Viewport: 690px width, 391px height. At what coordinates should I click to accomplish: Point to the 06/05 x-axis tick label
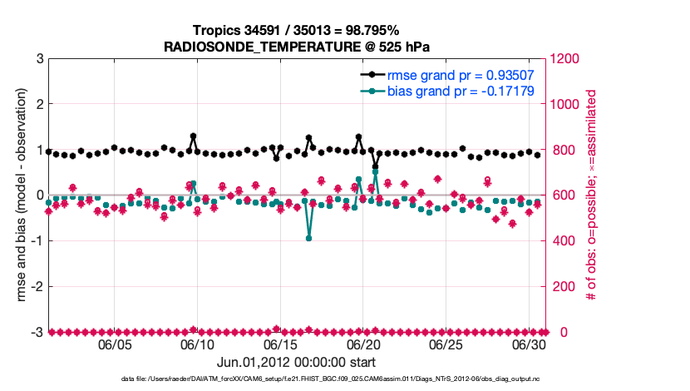pyautogui.click(x=115, y=344)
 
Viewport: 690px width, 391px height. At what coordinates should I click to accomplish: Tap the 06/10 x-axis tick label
pyautogui.click(x=197, y=344)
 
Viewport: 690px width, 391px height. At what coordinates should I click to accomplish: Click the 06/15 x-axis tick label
pyautogui.click(x=280, y=344)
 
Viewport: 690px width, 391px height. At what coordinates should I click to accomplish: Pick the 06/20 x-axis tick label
pyautogui.click(x=362, y=344)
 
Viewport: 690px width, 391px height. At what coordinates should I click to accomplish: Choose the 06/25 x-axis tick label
pyautogui.click(x=445, y=344)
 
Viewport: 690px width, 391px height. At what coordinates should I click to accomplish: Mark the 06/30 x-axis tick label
pyautogui.click(x=527, y=344)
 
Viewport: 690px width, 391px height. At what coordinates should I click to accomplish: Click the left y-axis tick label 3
pyautogui.click(x=40, y=59)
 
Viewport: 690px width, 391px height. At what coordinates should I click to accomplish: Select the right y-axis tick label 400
pyautogui.click(x=561, y=241)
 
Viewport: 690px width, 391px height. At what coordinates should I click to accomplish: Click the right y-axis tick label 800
pyautogui.click(x=561, y=151)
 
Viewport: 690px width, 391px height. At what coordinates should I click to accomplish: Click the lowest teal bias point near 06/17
pyautogui.click(x=308, y=238)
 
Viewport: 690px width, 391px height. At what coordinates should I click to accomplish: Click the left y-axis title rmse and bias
pyautogui.click(x=18, y=195)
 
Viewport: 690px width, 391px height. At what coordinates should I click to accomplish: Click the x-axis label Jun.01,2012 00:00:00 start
pyautogui.click(x=296, y=363)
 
